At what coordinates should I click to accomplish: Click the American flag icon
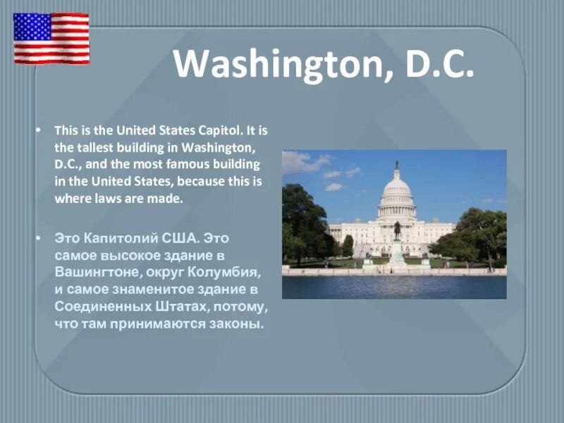[x=51, y=38]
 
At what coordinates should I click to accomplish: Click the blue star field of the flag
[x=32, y=26]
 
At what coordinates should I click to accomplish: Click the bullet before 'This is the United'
[x=40, y=131]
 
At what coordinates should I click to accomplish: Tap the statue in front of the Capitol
[x=397, y=231]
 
